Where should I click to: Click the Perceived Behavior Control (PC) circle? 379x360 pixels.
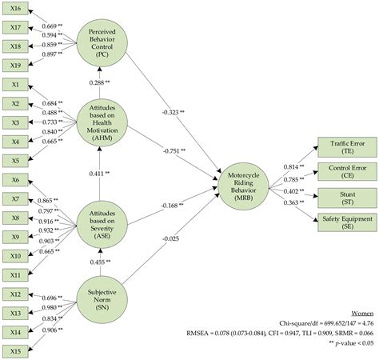pos(102,43)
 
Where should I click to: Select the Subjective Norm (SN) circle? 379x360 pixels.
pos(102,300)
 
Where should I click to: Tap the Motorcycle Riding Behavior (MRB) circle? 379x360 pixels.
pos(244,186)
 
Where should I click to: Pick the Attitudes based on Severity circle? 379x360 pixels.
pos(102,225)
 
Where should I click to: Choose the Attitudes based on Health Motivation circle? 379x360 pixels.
pos(102,122)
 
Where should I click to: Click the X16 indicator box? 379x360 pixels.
pos(15,9)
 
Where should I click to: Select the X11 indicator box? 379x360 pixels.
pos(15,275)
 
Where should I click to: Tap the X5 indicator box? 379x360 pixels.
pos(15,161)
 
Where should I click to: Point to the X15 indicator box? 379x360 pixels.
pos(15,351)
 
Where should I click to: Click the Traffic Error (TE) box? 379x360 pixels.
pos(347,147)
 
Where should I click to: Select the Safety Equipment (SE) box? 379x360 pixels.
pos(347,222)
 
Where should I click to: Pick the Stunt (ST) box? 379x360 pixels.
pos(347,198)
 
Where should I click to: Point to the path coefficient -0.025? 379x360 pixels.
pos(170,238)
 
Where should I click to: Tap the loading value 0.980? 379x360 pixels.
pos(50,307)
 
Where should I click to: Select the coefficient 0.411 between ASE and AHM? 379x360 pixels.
pos(97,174)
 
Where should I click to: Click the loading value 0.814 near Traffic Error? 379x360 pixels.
pos(291,167)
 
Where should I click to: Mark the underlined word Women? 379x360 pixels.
pos(362,314)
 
